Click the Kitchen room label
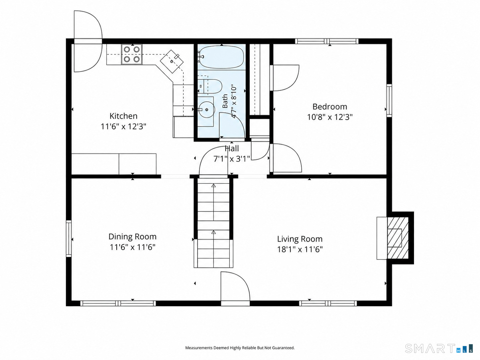pos(123,116)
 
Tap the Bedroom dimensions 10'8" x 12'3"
pos(330,117)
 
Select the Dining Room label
pos(133,237)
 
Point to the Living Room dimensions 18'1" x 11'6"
pos(300,249)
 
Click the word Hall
pos(232,149)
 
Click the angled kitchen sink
pos(172,61)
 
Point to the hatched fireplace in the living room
pos(397,238)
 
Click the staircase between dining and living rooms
pos(213,223)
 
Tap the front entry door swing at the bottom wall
pos(235,288)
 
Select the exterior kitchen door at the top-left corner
pos(88,41)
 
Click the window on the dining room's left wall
pos(69,238)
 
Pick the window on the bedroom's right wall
pos(389,100)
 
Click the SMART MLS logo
pos(439,348)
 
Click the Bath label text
pos(225,101)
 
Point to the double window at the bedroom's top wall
pos(327,41)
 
